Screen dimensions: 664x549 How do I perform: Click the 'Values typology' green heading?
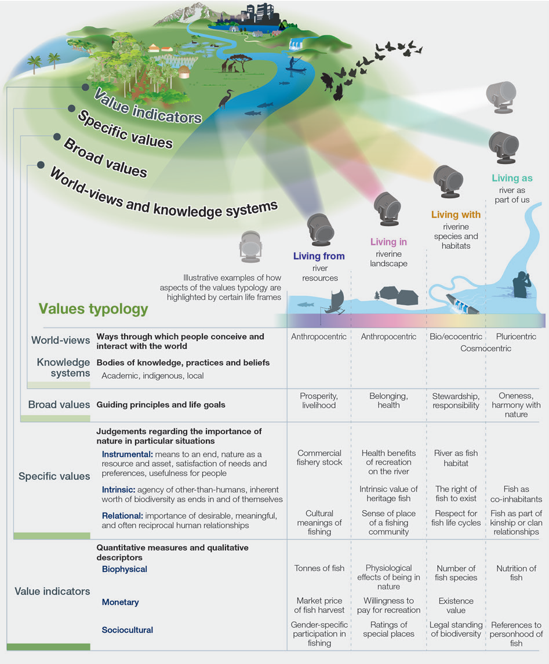93,309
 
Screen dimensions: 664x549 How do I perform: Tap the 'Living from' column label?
319,256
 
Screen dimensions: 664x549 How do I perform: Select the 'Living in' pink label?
388,242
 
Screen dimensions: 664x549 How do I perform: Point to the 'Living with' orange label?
456,215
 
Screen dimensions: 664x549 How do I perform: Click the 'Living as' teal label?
512,179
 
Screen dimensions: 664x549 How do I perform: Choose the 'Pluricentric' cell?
516,336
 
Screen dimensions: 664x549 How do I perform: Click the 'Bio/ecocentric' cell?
456,336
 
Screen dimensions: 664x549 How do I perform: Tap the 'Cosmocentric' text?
486,349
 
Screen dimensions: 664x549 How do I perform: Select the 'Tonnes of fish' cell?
319,568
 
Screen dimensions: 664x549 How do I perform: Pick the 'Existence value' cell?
456,605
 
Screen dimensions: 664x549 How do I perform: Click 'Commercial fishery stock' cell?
319,458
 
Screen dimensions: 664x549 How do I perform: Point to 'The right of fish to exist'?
456,494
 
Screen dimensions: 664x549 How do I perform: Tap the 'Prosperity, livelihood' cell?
319,401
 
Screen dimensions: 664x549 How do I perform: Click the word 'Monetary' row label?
121,603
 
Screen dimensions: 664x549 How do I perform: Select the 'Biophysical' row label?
125,569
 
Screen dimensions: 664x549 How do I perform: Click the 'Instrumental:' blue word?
127,453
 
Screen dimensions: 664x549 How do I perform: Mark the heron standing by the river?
224,100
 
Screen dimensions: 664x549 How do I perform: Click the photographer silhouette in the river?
520,284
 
